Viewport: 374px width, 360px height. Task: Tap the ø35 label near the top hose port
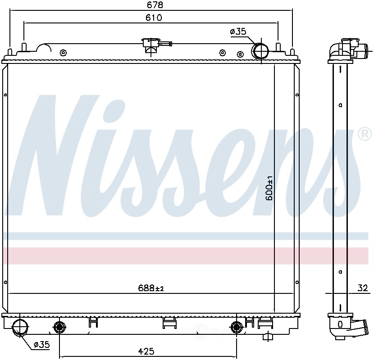coord(237,31)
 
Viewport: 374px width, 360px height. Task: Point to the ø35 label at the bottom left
coord(41,345)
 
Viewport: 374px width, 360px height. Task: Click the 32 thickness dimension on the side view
coord(363,288)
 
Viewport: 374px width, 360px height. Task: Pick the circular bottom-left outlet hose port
coord(20,327)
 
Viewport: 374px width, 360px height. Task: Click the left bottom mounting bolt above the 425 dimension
coord(59,327)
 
